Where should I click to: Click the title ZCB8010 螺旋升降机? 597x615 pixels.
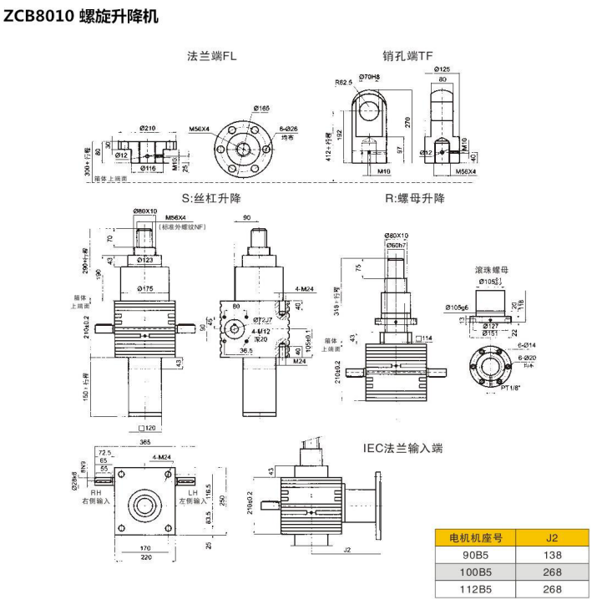[x=81, y=16]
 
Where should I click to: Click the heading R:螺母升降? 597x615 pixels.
[x=414, y=199]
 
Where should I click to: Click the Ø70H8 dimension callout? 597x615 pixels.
[x=370, y=77]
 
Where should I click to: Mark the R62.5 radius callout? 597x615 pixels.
[x=343, y=83]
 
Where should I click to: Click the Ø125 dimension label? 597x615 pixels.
[x=442, y=69]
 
